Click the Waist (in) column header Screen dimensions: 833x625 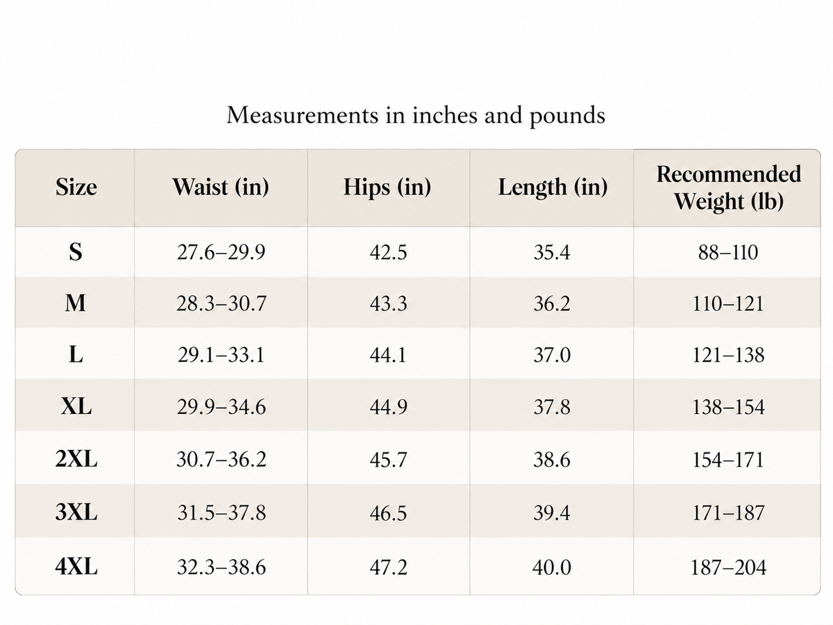tap(221, 187)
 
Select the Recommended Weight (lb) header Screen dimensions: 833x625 tap(729, 187)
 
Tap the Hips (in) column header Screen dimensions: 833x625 tap(387, 187)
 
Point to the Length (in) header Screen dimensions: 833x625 tap(553, 187)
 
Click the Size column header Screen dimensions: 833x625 tap(76, 187)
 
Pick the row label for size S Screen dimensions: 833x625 tap(76, 251)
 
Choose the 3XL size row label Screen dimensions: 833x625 tap(76, 512)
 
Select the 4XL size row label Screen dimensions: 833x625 tap(76, 567)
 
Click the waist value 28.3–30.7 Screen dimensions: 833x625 tap(221, 303)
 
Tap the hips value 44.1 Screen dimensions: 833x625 tap(388, 355)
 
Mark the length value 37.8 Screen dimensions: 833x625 tap(552, 407)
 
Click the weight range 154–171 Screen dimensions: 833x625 tap(728, 460)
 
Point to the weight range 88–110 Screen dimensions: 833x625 tap(728, 252)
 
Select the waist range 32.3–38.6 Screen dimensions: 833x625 tap(221, 567)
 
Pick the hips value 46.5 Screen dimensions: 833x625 tap(388, 512)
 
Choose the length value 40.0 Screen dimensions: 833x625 tap(551, 567)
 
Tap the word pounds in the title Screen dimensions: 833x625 tap(567, 116)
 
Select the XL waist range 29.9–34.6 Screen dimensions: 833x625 tap(221, 407)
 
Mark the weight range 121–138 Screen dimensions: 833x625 tap(728, 355)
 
